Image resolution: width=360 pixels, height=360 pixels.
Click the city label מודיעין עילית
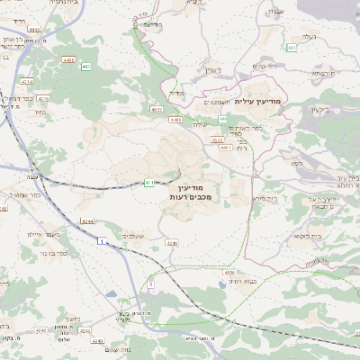(257, 101)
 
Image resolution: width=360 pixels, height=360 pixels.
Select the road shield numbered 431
(148, 183)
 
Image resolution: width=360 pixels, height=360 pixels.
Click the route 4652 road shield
(157, 110)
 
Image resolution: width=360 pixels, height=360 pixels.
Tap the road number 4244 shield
(86, 220)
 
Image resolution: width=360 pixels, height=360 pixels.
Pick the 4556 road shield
(229, 271)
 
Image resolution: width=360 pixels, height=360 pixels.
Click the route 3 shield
(151, 284)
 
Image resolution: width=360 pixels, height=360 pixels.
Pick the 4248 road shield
(172, 242)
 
